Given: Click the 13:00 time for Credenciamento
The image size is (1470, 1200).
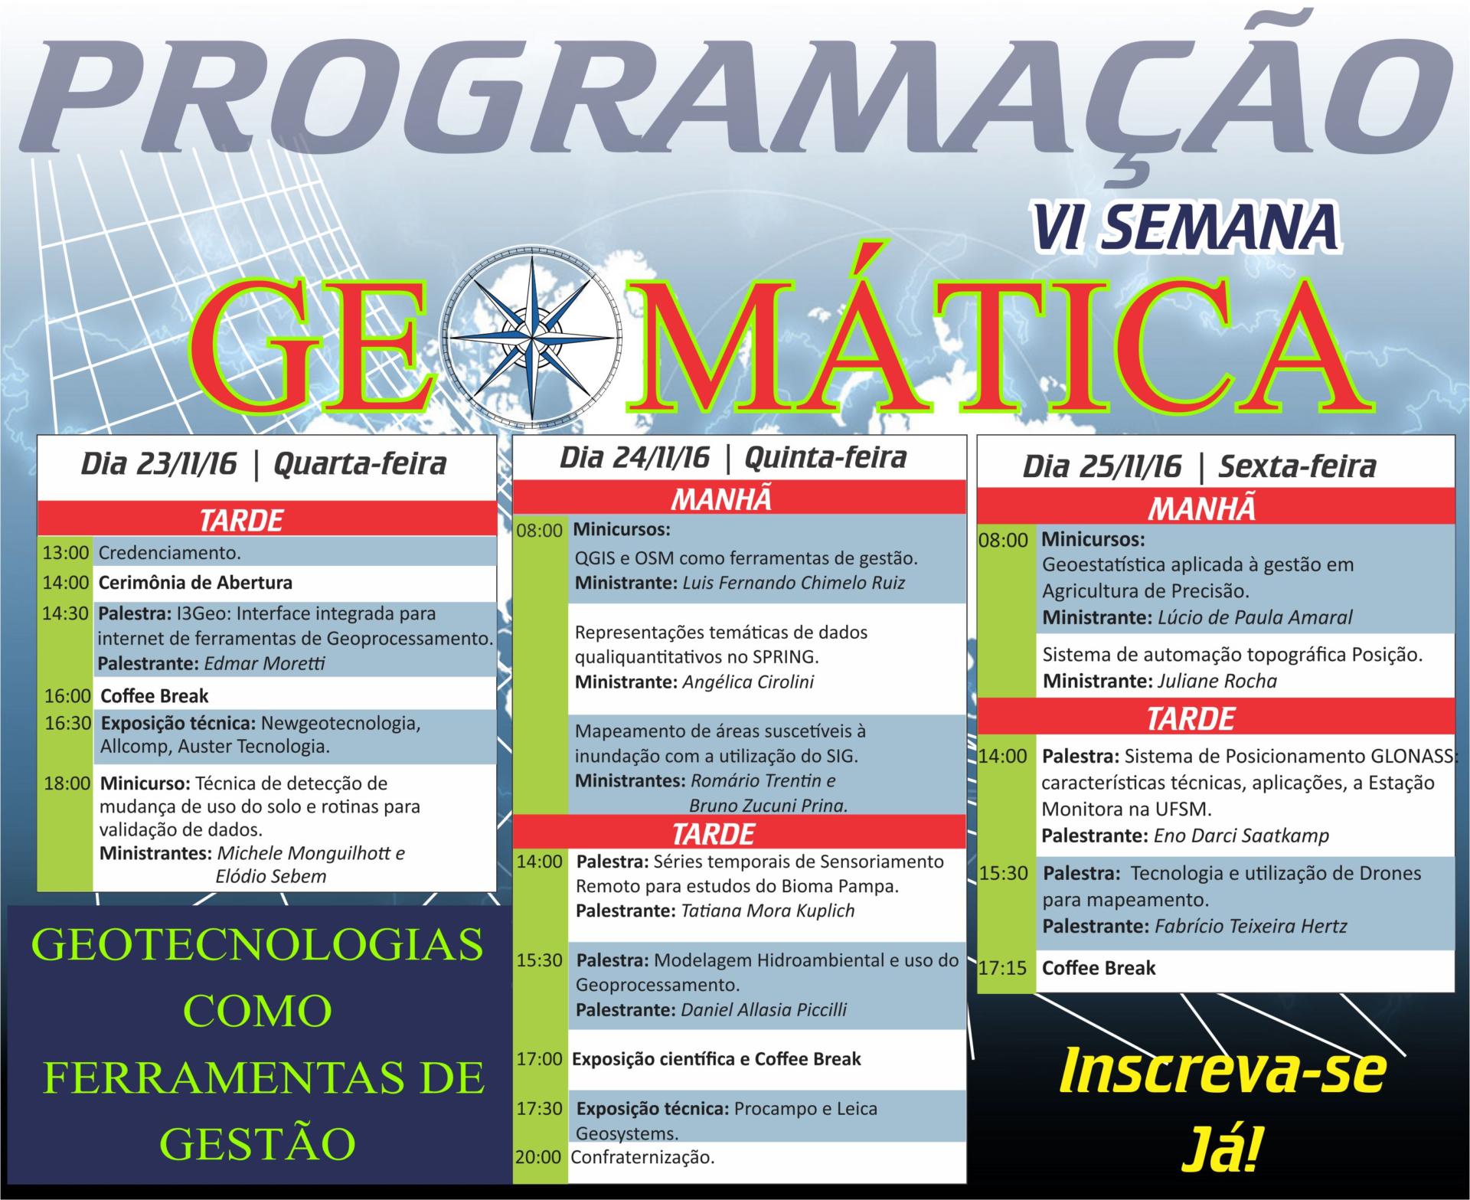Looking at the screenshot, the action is (67, 552).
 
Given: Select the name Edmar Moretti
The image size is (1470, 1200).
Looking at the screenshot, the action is (264, 663).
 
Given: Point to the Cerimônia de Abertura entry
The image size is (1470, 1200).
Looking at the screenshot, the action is (195, 582).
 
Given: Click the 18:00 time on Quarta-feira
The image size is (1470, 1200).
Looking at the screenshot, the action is (67, 783).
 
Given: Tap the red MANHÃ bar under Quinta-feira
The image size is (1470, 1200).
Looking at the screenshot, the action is (740, 499).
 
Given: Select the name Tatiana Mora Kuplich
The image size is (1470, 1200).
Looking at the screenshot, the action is (766, 911).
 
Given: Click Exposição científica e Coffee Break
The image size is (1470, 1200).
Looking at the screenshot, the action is (717, 1059).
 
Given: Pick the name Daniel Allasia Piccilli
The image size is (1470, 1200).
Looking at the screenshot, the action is (764, 1009).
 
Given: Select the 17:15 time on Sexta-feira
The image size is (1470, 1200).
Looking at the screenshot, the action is (1002, 968).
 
